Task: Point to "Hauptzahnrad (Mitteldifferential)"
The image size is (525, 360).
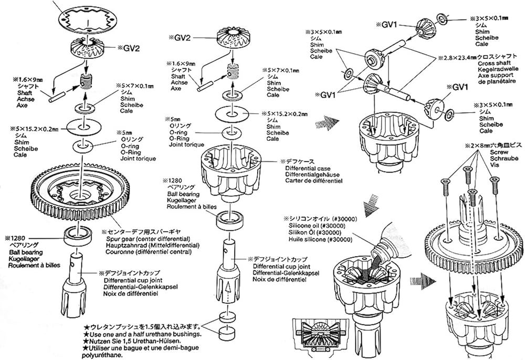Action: click(149, 245)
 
